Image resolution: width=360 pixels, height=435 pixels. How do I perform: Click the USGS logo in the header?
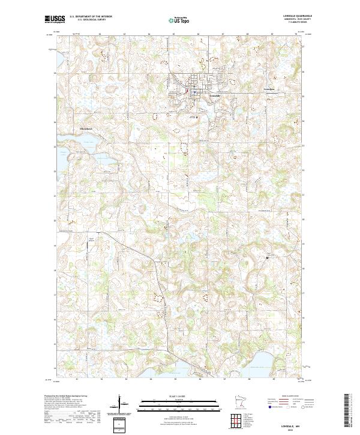tap(54, 19)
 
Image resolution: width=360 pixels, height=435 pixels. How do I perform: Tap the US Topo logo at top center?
tap(180, 20)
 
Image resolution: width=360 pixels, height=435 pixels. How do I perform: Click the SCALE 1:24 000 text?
tap(179, 395)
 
